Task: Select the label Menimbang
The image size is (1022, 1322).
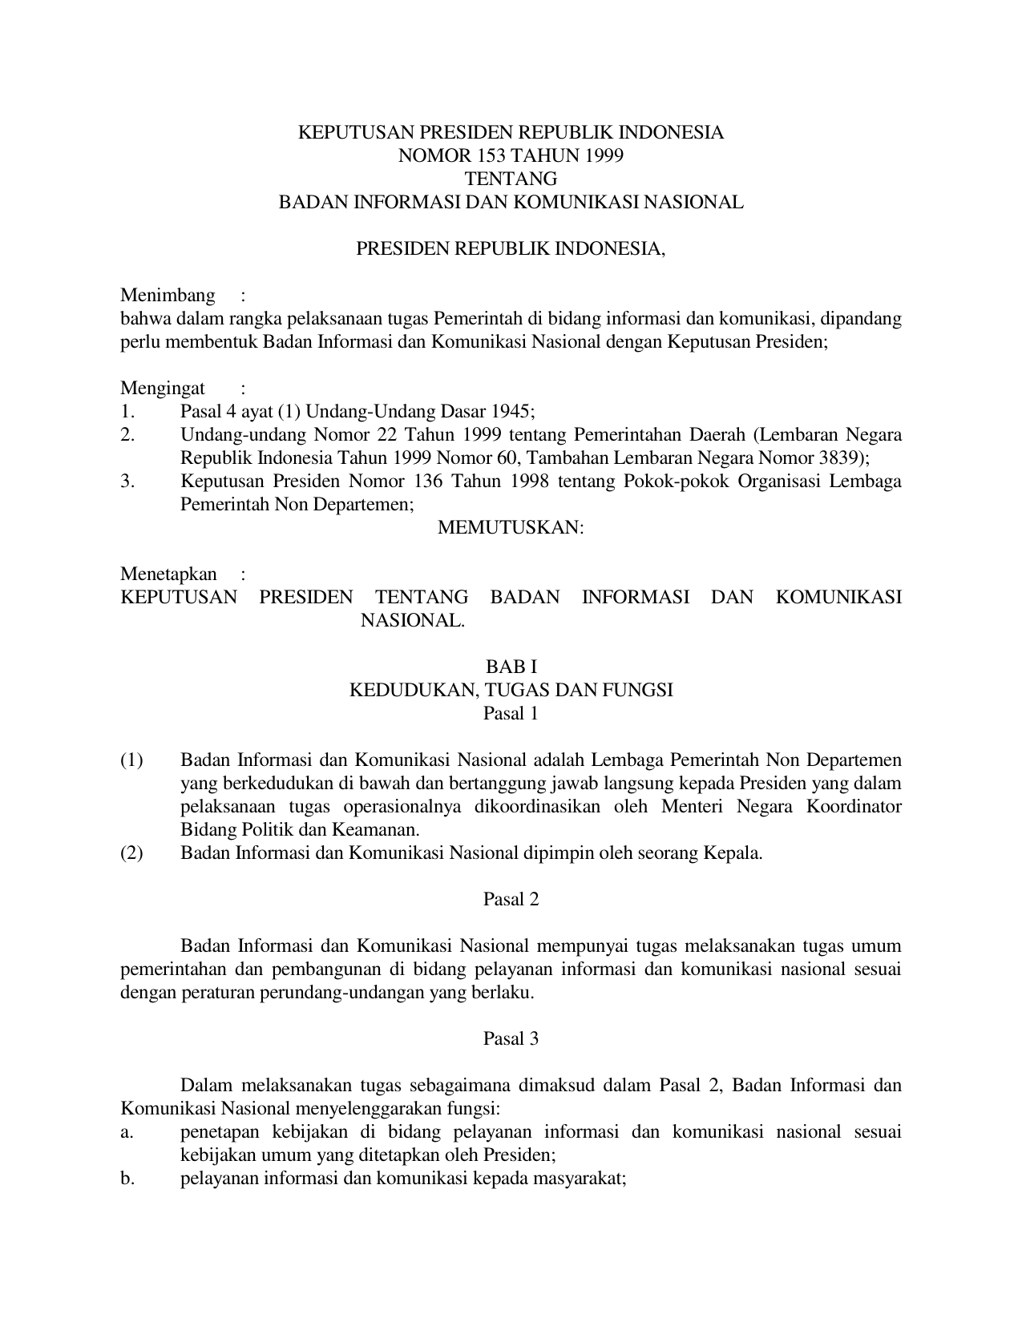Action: tap(168, 296)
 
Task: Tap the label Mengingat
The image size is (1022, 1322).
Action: tap(163, 389)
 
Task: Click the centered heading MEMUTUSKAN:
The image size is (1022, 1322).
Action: tap(511, 528)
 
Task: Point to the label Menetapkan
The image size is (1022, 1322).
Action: tap(168, 574)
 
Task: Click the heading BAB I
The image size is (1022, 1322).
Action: tap(511, 667)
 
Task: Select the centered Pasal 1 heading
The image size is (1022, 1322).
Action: tap(511, 713)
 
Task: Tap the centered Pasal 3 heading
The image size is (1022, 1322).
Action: tap(511, 1038)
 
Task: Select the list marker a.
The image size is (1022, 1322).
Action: tap(126, 1132)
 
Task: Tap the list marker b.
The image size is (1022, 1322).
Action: tap(126, 1179)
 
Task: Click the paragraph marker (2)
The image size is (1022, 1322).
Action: tap(131, 852)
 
